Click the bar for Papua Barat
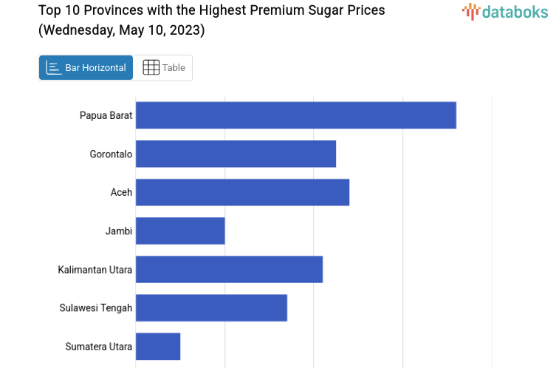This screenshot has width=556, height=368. pyautogui.click(x=295, y=115)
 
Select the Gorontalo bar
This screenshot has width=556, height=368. pyautogui.click(x=236, y=154)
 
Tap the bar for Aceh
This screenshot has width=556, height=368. pyautogui.click(x=242, y=192)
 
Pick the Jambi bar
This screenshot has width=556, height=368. pyautogui.click(x=180, y=231)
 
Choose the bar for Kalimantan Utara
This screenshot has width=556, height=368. pyautogui.click(x=229, y=269)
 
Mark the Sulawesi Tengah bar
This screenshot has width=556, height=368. pyautogui.click(x=211, y=307)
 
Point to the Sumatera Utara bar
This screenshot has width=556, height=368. pyautogui.click(x=158, y=346)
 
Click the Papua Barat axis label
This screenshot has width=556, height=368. pyautogui.click(x=106, y=115)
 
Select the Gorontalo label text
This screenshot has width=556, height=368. pyautogui.click(x=111, y=154)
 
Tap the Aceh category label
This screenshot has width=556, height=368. pyautogui.click(x=121, y=192)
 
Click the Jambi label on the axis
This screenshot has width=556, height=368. pyautogui.click(x=119, y=231)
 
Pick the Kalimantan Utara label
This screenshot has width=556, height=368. pyautogui.click(x=95, y=269)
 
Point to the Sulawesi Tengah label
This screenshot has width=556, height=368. pyautogui.click(x=96, y=307)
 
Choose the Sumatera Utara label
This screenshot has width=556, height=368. pyautogui.click(x=99, y=346)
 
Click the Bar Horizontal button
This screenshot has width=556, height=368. pyautogui.click(x=86, y=68)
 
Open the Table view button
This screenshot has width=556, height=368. pyautogui.click(x=164, y=68)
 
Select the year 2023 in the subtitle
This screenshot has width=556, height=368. pyautogui.click(x=188, y=30)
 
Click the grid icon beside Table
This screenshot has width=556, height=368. pyautogui.click(x=151, y=68)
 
